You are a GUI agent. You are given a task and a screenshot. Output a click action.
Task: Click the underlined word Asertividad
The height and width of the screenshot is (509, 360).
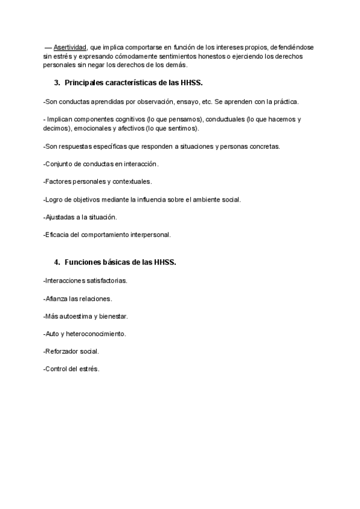pyautogui.click(x=70, y=47)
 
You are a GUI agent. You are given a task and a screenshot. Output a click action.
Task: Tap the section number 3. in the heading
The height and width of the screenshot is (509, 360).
pyautogui.click(x=58, y=82)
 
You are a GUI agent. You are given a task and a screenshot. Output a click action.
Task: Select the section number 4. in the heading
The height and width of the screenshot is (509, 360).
pyautogui.click(x=58, y=262)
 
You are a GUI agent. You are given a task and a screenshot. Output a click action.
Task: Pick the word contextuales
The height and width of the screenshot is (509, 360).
pyautogui.click(x=131, y=181)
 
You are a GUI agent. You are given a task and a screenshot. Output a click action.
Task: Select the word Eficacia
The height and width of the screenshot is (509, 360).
pyautogui.click(x=58, y=235)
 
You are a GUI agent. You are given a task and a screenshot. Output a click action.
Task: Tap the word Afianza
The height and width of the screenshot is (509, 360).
pyautogui.click(x=56, y=298)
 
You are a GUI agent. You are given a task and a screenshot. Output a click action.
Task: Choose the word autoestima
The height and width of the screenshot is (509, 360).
pyautogui.click(x=76, y=316)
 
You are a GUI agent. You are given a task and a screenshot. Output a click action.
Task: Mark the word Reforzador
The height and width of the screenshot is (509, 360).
pyautogui.click(x=62, y=351)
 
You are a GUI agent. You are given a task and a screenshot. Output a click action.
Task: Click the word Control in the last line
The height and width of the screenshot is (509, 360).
pyautogui.click(x=57, y=369)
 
